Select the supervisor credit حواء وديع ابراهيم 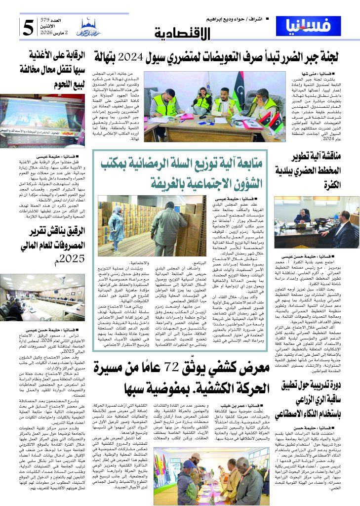[228, 19]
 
